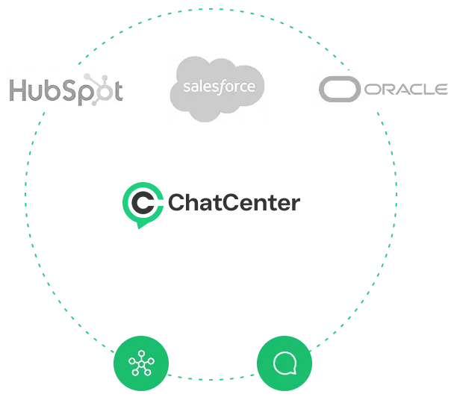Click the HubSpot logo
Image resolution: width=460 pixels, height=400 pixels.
tap(66, 90)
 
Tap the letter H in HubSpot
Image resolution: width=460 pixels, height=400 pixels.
tap(17, 89)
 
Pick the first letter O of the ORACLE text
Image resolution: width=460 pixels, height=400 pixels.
tap(373, 90)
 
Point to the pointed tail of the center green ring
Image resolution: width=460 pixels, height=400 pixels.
tap(140, 226)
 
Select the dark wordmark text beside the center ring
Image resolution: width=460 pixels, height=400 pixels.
tap(231, 203)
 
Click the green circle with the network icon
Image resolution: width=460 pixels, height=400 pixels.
tap(140, 365)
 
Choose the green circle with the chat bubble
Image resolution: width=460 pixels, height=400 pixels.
tap(285, 365)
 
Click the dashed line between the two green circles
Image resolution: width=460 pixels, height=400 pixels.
tap(213, 375)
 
